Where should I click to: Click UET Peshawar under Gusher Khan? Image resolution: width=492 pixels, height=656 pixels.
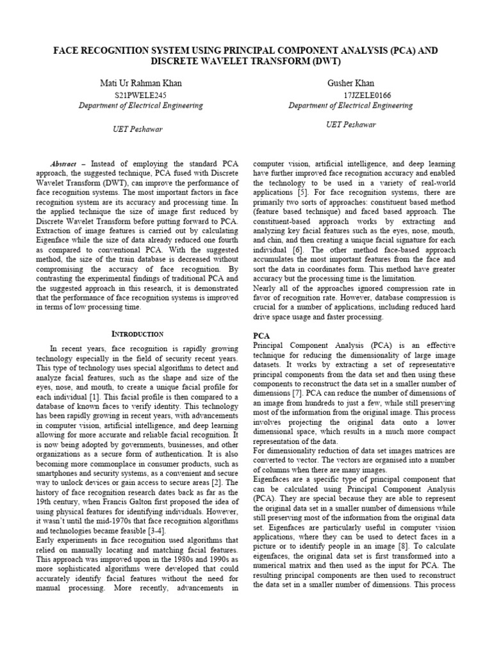[x=350, y=124]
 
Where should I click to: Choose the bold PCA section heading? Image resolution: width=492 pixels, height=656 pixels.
[x=261, y=335]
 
